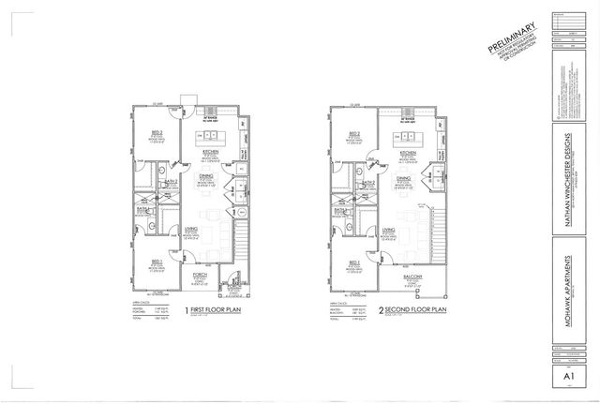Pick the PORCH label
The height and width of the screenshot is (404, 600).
[x=199, y=276]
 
